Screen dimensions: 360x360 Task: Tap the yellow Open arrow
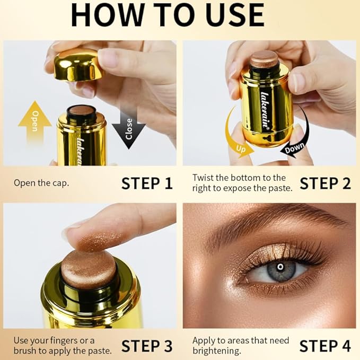[x=35, y=122]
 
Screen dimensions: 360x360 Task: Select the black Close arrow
[x=129, y=128]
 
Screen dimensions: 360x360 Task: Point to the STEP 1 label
[x=147, y=183]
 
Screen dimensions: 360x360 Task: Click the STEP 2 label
[x=326, y=183]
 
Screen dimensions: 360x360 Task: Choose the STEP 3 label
[x=147, y=346]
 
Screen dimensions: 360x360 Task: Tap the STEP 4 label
[x=326, y=346]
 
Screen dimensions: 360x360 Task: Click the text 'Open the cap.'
[x=41, y=183]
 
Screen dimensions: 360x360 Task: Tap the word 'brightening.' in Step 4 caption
[x=217, y=351]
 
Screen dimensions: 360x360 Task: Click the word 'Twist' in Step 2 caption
[x=203, y=178]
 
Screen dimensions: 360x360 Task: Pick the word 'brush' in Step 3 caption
[x=25, y=350]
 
